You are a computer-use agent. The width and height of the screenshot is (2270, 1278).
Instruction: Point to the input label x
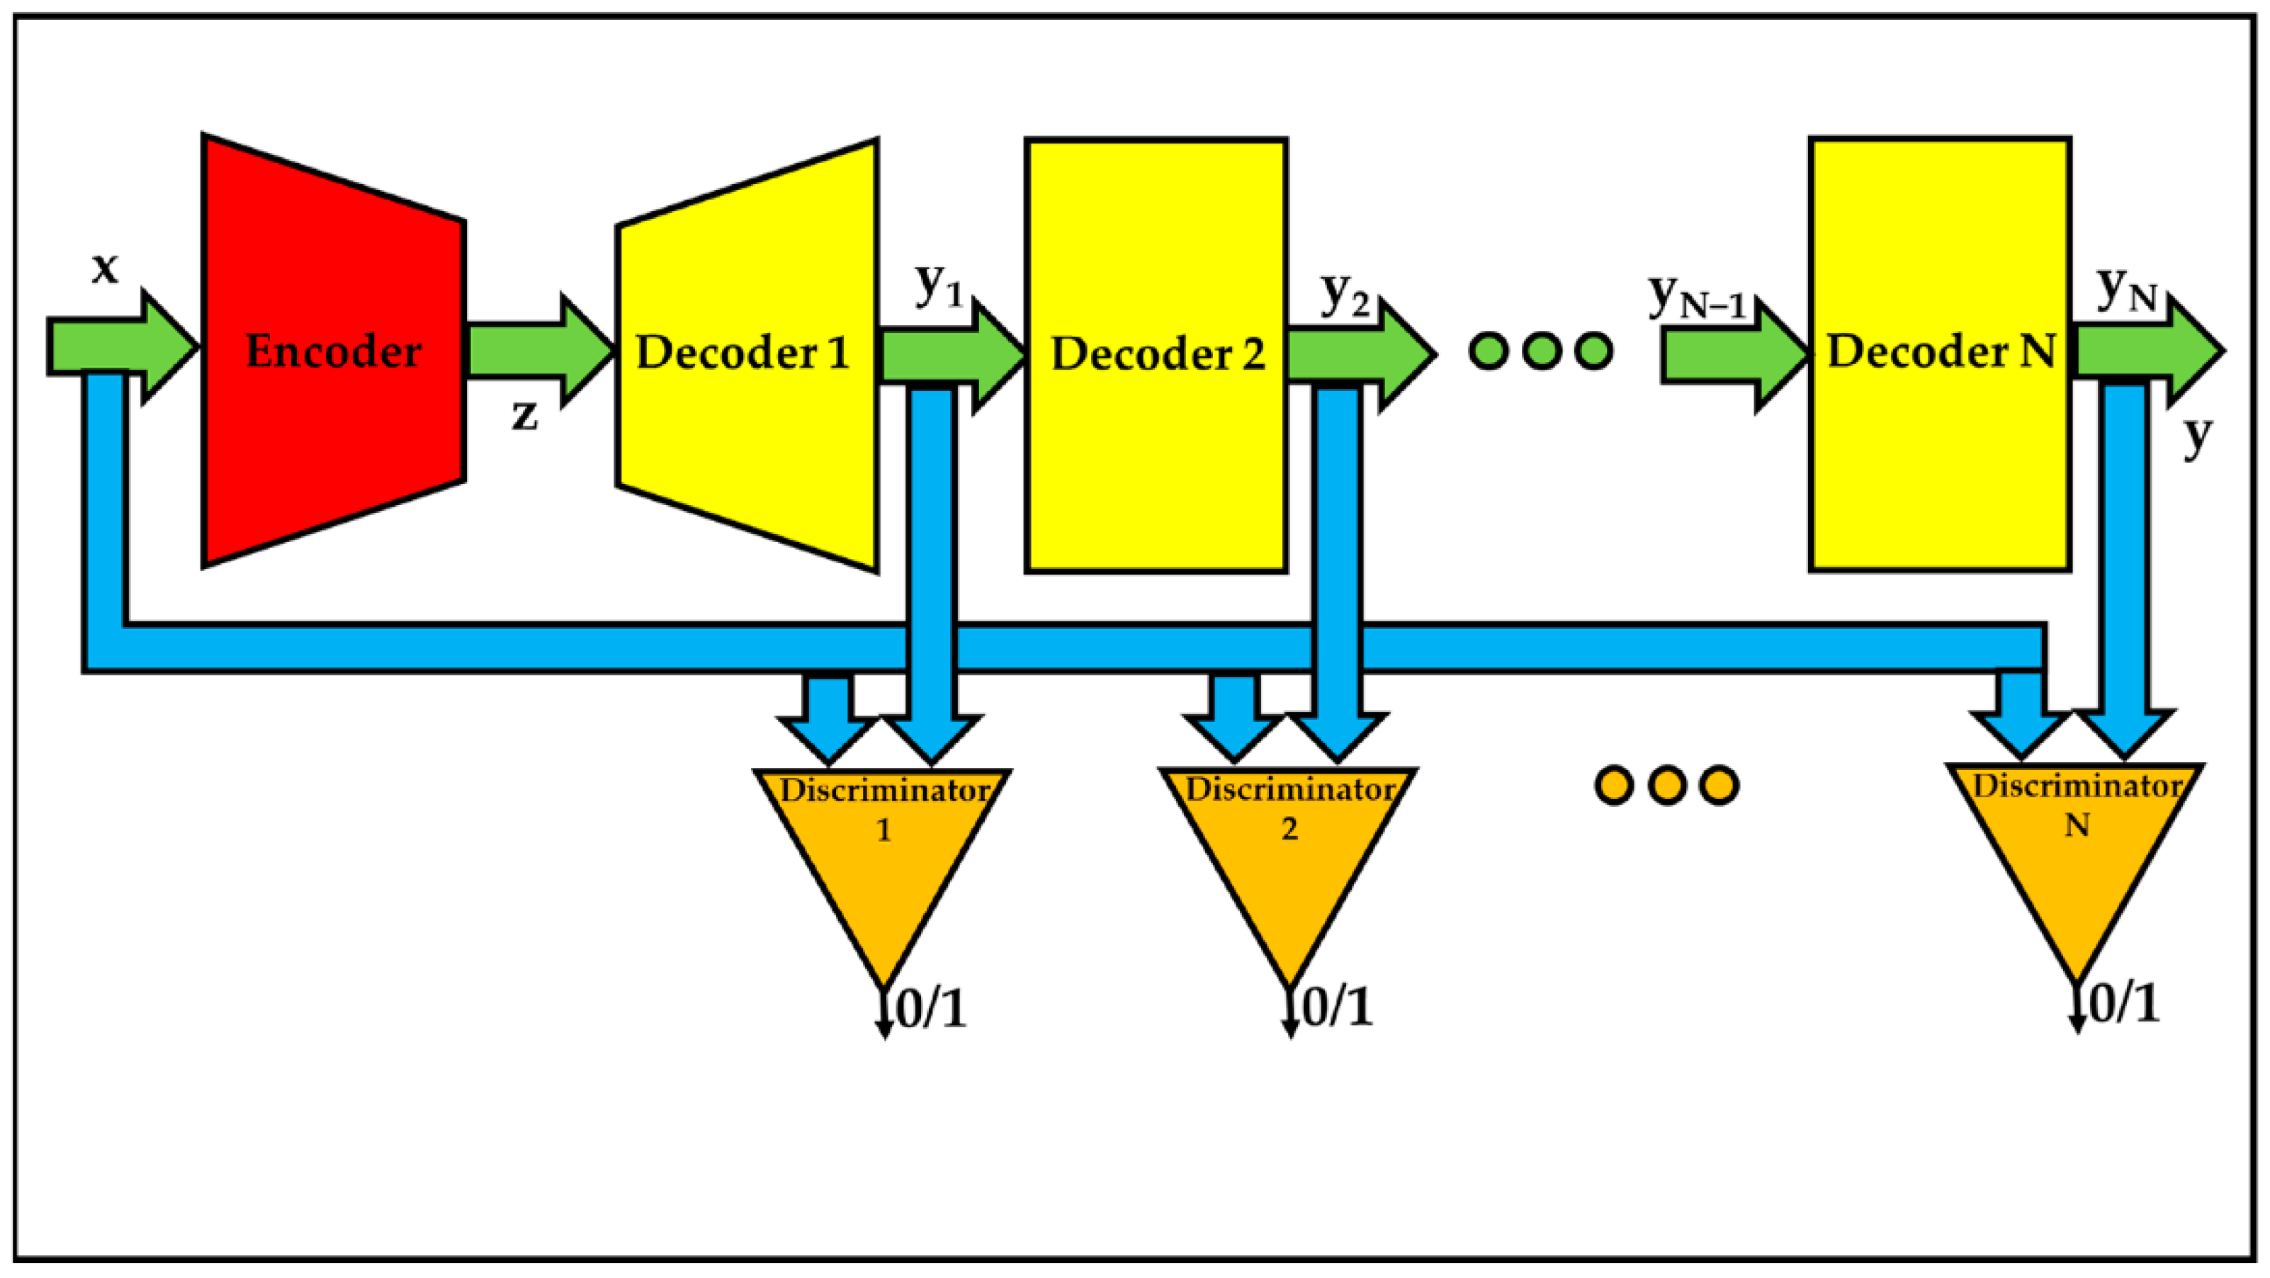(x=105, y=266)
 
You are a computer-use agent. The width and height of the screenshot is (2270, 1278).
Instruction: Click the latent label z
(x=524, y=414)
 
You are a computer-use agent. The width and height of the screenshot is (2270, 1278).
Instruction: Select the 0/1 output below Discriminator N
(x=2124, y=1003)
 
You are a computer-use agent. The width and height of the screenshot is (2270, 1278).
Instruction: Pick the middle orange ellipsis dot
(x=1666, y=784)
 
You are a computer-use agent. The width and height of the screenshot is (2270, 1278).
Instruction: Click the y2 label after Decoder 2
(x=1345, y=293)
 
